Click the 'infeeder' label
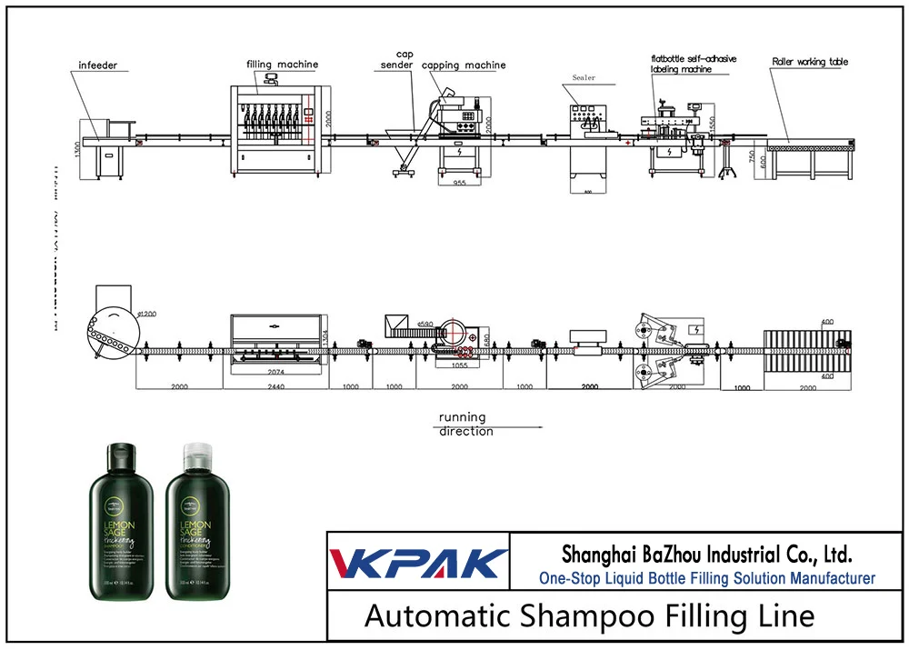pyautogui.click(x=98, y=66)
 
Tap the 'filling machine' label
pyautogui.click(x=283, y=65)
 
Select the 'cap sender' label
pyautogui.click(x=397, y=59)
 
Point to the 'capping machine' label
pyautogui.click(x=464, y=65)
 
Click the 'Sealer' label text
pyautogui.click(x=584, y=78)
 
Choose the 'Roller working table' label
pyautogui.click(x=810, y=62)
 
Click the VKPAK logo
pyautogui.click(x=418, y=563)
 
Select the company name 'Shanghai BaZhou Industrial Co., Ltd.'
pyautogui.click(x=706, y=554)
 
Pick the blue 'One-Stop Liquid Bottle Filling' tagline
pyautogui.click(x=706, y=578)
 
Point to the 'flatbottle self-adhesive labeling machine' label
pyautogui.click(x=693, y=64)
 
